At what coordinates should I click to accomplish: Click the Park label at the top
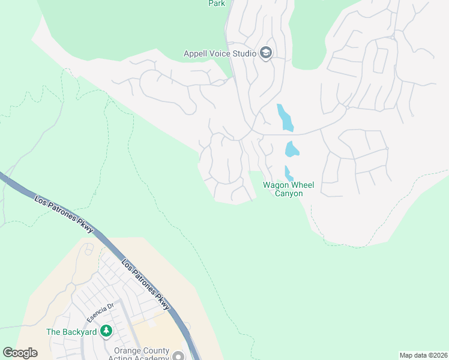[x=217, y=4]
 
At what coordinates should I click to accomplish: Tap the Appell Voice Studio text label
[x=220, y=53]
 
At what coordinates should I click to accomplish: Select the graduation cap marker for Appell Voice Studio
[x=266, y=53]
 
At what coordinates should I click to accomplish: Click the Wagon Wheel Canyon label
[x=288, y=189]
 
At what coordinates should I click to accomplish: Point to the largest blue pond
[x=285, y=117]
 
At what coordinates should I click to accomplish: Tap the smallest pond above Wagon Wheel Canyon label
[x=288, y=173]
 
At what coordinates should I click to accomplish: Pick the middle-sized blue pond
[x=292, y=149]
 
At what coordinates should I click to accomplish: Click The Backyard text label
[x=73, y=331]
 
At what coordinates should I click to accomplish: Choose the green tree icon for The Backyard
[x=106, y=331]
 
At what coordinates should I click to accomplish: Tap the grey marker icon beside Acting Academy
[x=178, y=356]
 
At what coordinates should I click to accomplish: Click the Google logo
[x=20, y=353]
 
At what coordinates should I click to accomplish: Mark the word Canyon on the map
[x=289, y=193]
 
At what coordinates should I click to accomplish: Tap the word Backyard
[x=80, y=331]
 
